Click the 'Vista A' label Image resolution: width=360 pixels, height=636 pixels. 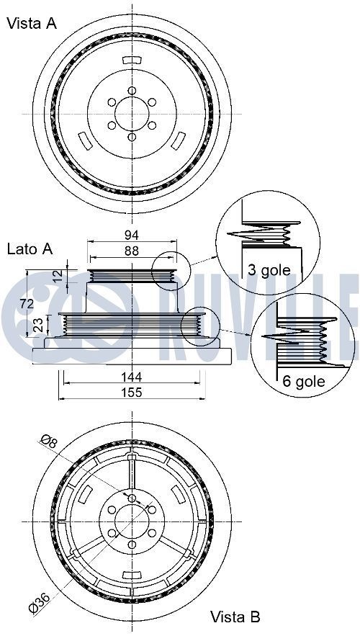tap(31, 24)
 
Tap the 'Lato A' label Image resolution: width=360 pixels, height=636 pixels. tap(30, 249)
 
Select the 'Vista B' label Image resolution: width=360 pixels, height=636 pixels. tap(235, 617)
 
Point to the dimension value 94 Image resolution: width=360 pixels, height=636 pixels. tap(131, 236)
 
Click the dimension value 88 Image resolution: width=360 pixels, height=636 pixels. tap(131, 251)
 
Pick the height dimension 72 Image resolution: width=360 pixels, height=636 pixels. tap(26, 304)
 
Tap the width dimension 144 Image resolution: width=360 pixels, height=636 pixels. tap(131, 376)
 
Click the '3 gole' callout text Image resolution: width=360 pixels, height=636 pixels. tap(269, 270)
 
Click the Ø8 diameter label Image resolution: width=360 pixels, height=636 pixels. tap(49, 442)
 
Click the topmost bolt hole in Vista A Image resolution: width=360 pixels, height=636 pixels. tap(132, 90)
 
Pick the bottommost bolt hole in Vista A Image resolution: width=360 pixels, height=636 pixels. tap(132, 136)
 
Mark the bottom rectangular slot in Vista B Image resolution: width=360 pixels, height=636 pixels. tap(131, 575)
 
